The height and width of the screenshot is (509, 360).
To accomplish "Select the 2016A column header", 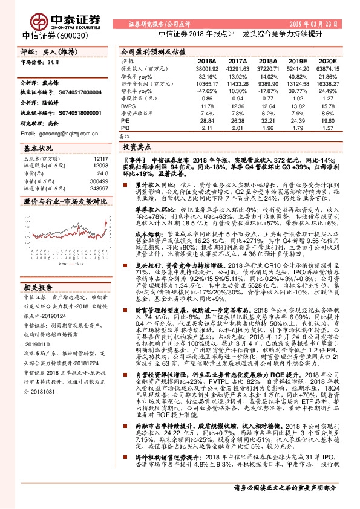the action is (207, 62).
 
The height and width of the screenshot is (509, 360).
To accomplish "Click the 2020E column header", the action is (327, 62).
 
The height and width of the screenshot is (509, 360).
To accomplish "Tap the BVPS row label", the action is (128, 105).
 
